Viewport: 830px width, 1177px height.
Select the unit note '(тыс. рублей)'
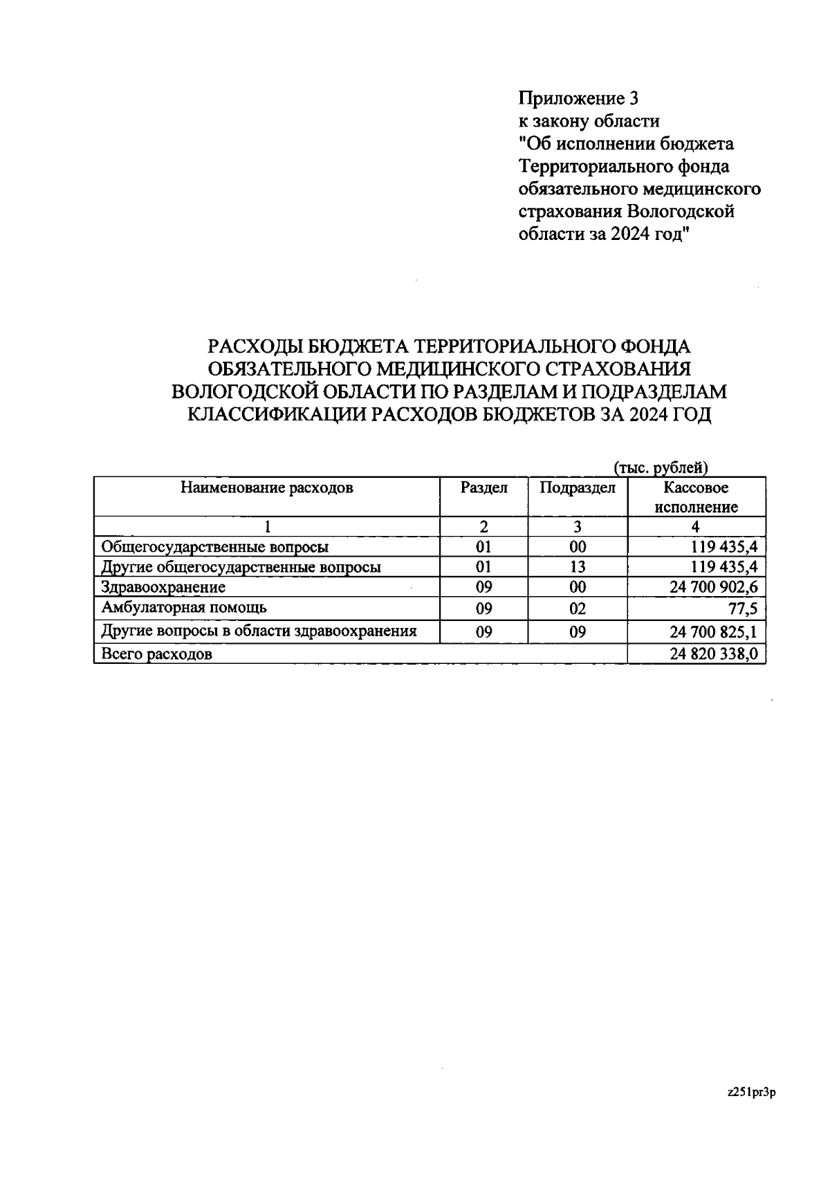pyautogui.click(x=661, y=468)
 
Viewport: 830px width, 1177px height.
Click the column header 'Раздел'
pyautogui.click(x=484, y=488)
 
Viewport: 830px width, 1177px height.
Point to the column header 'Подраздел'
pyautogui.click(x=578, y=488)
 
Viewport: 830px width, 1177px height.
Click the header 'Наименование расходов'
pyautogui.click(x=267, y=488)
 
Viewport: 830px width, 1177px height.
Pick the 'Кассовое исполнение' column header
pyautogui.click(x=696, y=497)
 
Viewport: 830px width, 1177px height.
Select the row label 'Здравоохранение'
pyautogui.click(x=163, y=588)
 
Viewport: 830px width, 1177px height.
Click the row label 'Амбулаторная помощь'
pyautogui.click(x=184, y=608)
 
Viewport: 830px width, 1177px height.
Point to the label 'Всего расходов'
pyautogui.click(x=157, y=654)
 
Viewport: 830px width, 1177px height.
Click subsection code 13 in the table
pyautogui.click(x=578, y=568)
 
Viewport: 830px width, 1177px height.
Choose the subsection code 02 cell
pyautogui.click(x=578, y=609)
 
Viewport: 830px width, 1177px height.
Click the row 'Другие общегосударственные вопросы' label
pyautogui.click(x=241, y=568)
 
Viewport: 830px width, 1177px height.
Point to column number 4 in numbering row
pyautogui.click(x=696, y=527)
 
